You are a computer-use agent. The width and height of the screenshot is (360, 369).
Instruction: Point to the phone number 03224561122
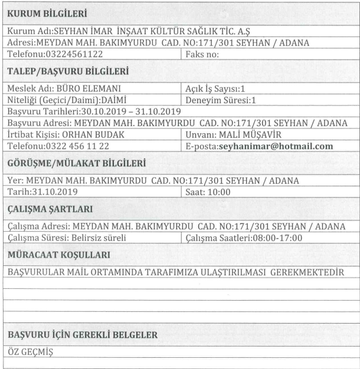click(70, 54)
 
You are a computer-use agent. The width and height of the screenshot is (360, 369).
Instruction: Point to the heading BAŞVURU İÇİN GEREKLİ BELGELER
click(82, 335)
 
